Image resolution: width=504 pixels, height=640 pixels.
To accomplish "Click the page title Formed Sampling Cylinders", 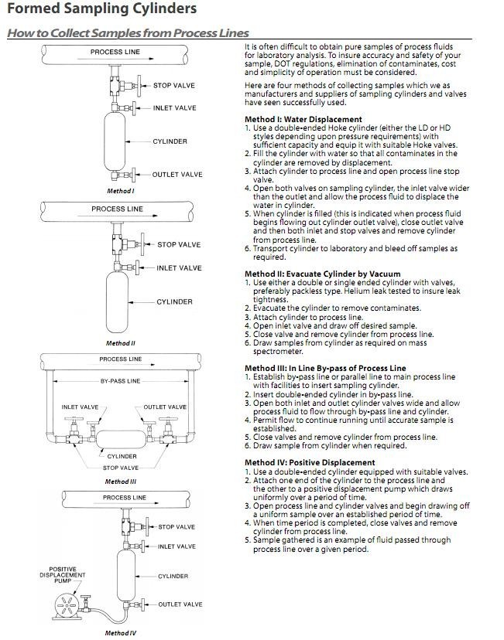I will (101, 10).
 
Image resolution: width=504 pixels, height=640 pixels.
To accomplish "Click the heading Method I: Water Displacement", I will (303, 119).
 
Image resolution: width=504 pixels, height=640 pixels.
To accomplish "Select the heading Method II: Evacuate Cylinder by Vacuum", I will (322, 274).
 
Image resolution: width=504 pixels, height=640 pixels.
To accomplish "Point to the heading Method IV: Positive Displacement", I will (310, 462).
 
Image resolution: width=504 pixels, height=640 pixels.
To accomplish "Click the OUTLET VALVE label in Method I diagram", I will (177, 175).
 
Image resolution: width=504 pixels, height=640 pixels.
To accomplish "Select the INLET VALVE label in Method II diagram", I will (179, 268).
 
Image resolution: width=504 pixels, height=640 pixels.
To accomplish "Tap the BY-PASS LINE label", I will (120, 381).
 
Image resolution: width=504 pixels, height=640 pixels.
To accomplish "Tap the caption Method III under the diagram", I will (121, 482).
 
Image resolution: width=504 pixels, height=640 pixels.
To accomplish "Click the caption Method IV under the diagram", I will (121, 633).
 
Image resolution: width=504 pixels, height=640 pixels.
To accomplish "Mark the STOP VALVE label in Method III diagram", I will (121, 468).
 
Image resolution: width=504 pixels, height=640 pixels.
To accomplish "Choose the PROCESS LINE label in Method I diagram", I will (115, 52).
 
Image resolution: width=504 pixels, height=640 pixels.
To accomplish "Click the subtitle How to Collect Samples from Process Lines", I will (128, 33).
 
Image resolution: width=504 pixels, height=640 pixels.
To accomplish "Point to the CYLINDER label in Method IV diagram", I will (173, 577).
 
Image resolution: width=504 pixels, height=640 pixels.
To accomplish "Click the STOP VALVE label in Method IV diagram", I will (177, 527).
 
